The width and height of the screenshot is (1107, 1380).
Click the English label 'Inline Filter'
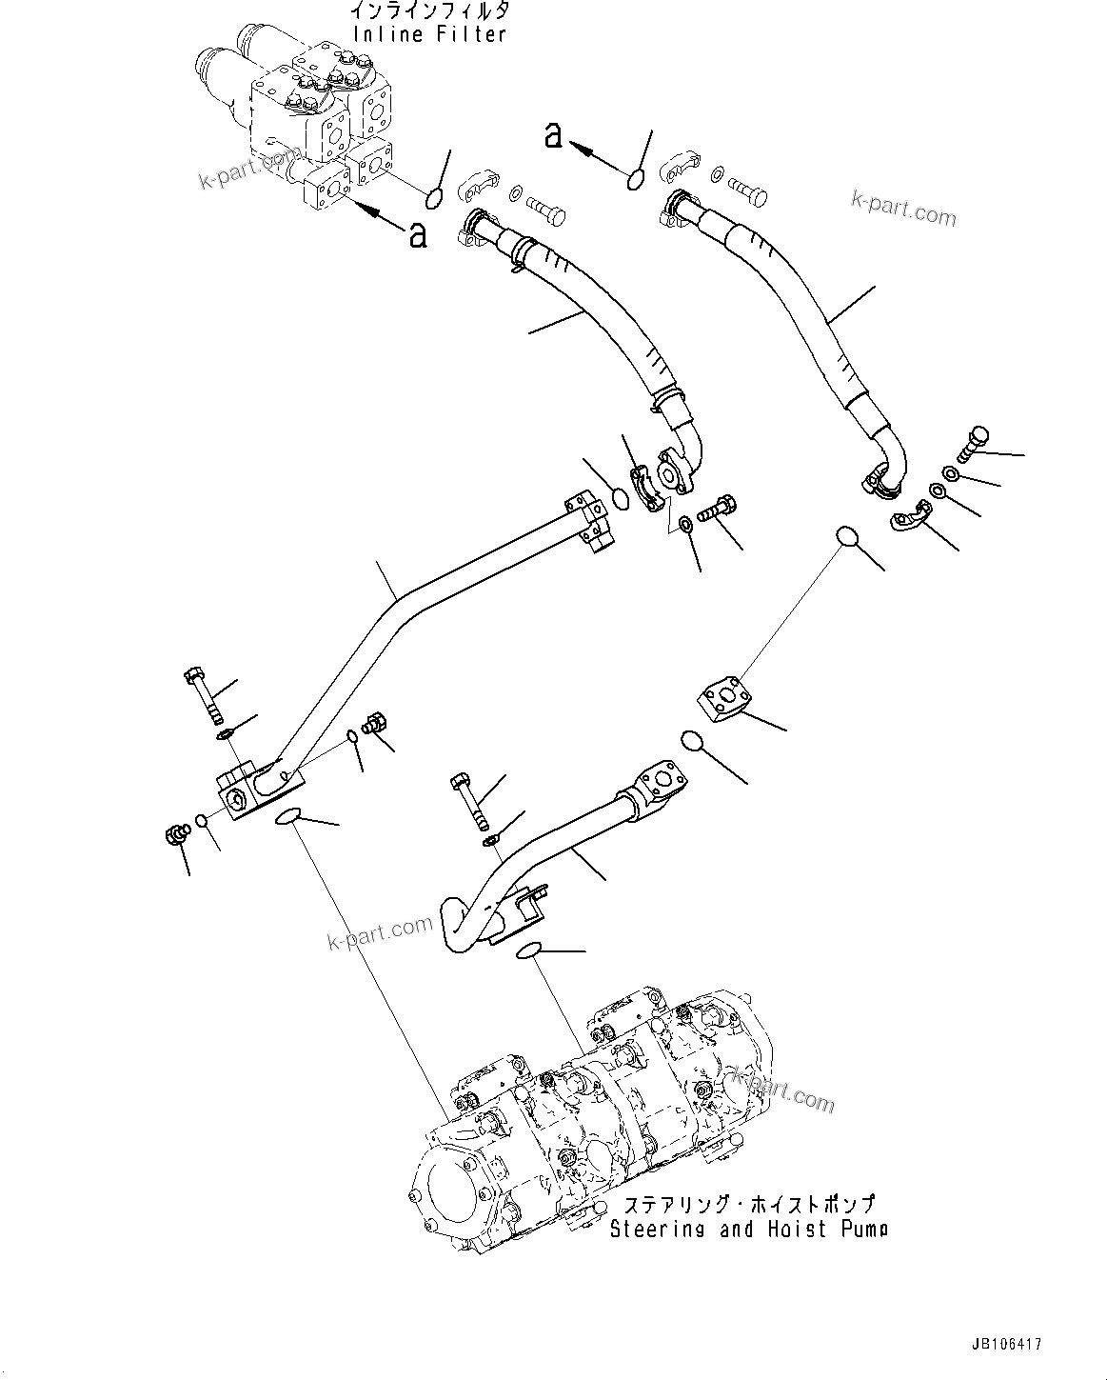[429, 34]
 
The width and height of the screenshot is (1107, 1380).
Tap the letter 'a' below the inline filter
[417, 234]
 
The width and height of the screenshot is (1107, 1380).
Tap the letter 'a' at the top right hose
[553, 136]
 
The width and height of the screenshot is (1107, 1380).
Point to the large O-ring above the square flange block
[848, 537]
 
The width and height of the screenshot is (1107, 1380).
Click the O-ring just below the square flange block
[692, 740]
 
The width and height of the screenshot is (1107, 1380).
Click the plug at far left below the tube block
[175, 834]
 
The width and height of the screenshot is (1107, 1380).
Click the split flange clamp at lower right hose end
[910, 516]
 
